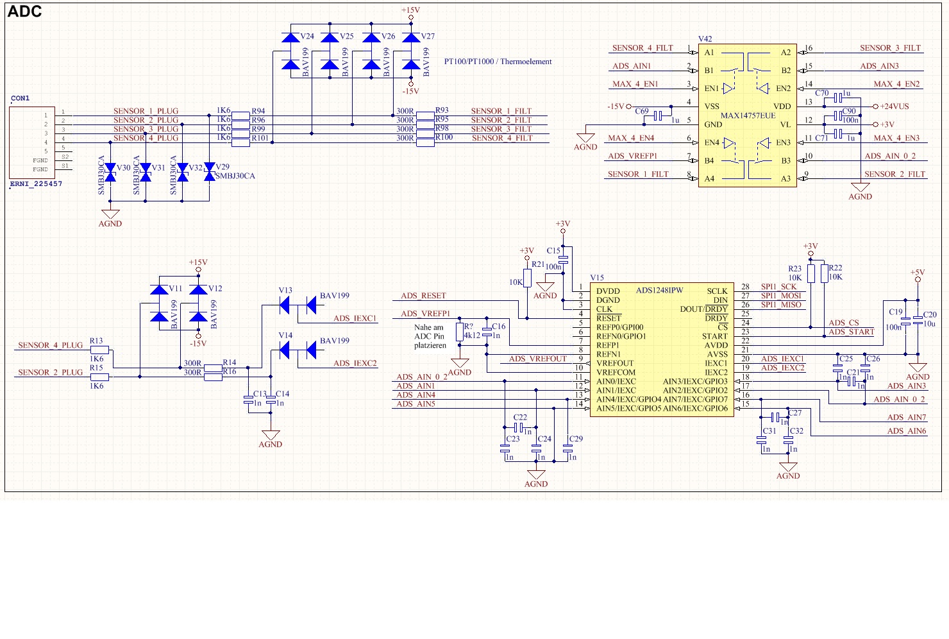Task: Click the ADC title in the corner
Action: (x=24, y=12)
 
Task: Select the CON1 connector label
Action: (x=21, y=98)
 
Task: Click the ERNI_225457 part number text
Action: (x=36, y=184)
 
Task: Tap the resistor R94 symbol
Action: (x=240, y=115)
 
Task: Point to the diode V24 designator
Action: (x=307, y=37)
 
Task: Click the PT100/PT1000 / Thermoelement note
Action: (x=498, y=62)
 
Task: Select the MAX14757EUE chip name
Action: (x=748, y=116)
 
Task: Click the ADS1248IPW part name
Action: (x=659, y=291)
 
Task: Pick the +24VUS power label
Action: (x=894, y=106)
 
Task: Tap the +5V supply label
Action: (x=917, y=273)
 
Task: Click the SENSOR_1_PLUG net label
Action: (x=146, y=111)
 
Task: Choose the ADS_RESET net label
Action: (x=423, y=296)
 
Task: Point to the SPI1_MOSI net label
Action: (x=781, y=296)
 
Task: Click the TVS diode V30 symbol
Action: (x=110, y=172)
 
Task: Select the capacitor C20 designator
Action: (x=929, y=315)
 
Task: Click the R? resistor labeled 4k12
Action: (x=459, y=332)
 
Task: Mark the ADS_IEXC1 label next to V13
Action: (x=355, y=318)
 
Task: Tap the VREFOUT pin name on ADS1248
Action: (x=614, y=363)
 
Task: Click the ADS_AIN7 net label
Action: (x=907, y=418)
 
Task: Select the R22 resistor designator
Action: (x=836, y=268)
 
